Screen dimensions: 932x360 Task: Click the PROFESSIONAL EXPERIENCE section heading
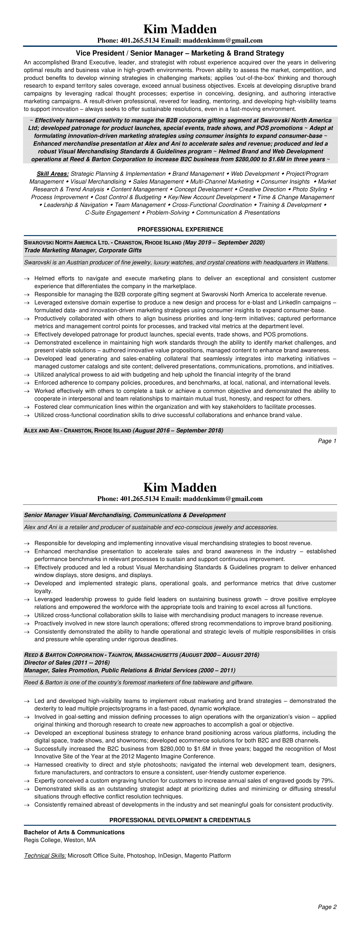(180, 229)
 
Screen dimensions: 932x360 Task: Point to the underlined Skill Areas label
(53, 174)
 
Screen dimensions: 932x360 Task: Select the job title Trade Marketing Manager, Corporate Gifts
(83, 250)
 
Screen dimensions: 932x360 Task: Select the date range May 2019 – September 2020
(224, 242)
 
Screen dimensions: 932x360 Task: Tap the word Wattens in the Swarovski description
(317, 262)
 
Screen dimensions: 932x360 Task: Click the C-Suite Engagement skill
(112, 213)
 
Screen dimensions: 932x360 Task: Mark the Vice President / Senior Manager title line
(180, 53)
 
